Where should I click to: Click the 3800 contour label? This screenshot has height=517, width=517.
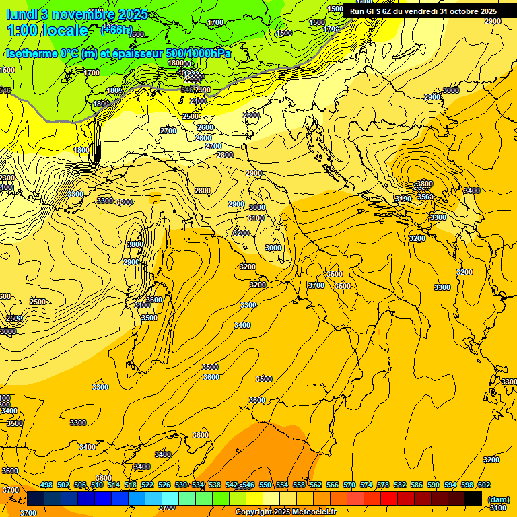[424, 184]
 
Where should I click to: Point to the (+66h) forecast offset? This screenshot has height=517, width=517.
[116, 30]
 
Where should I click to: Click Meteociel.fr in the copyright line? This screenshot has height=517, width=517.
[312, 512]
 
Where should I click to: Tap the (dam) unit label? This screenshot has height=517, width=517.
[499, 499]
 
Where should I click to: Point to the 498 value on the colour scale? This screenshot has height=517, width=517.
[46, 485]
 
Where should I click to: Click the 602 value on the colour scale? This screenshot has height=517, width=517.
[484, 485]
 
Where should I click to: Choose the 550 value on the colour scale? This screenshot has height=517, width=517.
[265, 485]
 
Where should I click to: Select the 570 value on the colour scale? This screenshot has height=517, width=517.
[349, 485]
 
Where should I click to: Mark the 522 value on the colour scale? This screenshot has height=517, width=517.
[147, 485]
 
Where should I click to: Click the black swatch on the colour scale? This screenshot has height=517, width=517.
[473, 498]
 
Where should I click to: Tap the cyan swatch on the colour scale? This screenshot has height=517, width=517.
[170, 498]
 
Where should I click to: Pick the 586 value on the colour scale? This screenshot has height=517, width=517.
[417, 485]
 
